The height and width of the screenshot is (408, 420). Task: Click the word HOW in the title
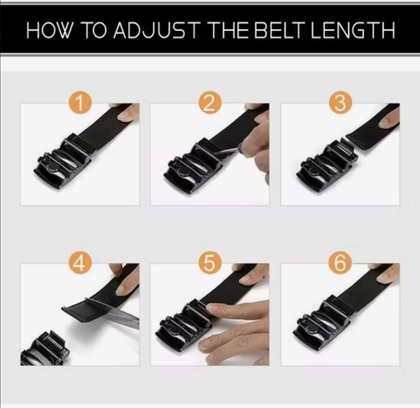pos(49,30)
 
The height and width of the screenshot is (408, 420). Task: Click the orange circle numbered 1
pos(80,103)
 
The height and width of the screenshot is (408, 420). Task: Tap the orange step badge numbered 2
pos(210,103)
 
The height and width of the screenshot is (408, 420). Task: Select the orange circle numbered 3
pos(340,103)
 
